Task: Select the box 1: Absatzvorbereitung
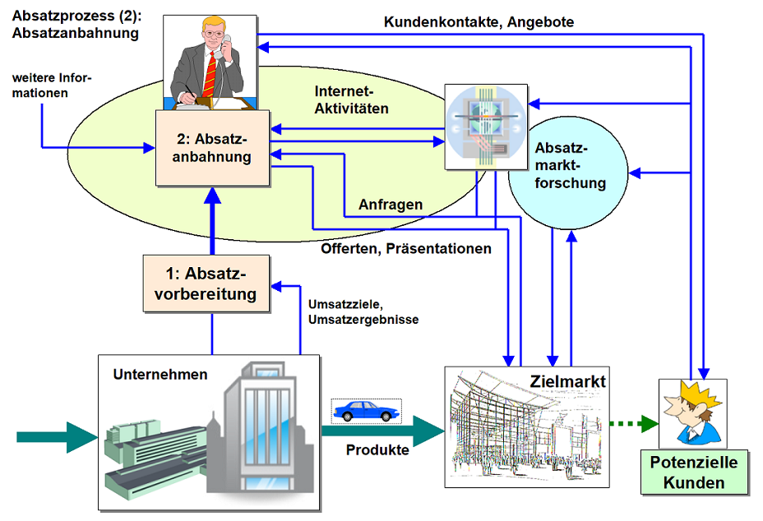(x=206, y=283)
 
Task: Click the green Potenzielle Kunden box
(x=694, y=472)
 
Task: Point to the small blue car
(x=366, y=410)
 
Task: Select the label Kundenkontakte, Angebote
(x=479, y=22)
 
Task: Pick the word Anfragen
(x=391, y=205)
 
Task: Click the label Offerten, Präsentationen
(x=406, y=247)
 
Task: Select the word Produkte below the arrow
(x=377, y=450)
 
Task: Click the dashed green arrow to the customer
(x=633, y=424)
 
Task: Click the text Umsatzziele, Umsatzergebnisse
(x=363, y=312)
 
